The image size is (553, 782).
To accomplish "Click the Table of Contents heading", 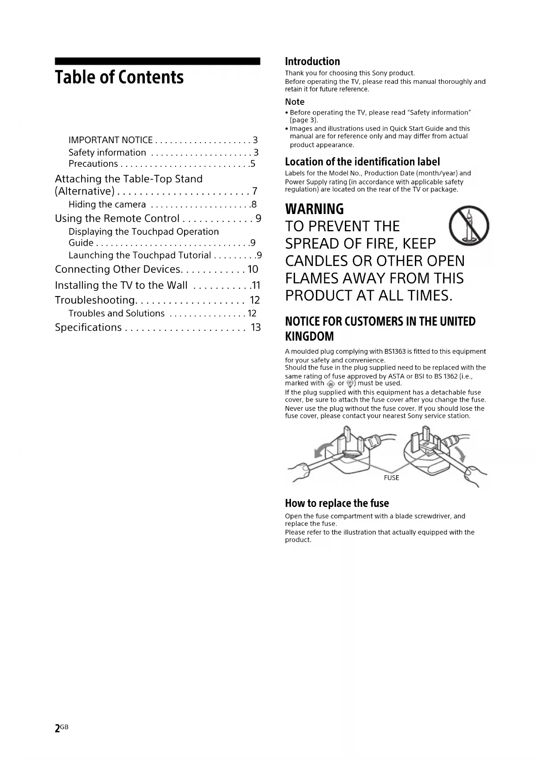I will (119, 78).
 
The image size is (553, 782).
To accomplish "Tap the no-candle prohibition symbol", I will (468, 226).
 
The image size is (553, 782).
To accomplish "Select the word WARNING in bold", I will (314, 209).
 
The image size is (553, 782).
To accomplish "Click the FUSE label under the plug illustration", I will (391, 478).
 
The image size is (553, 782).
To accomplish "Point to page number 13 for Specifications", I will (256, 328).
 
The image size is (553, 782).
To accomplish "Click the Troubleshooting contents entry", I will (95, 300).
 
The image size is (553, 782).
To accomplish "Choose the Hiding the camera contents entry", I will (107, 205).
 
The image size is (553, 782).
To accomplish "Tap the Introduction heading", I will (312, 62).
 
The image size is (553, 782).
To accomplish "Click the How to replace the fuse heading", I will (337, 503).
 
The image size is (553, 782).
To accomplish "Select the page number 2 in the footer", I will (57, 728).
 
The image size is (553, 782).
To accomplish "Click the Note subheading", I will (295, 102).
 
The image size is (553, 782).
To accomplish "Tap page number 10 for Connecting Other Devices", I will (253, 269).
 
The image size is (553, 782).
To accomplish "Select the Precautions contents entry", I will (93, 164).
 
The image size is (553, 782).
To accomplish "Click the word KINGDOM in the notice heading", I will (309, 336).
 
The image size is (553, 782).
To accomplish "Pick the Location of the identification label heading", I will (362, 162).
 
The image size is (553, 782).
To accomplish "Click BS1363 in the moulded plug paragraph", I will (395, 351).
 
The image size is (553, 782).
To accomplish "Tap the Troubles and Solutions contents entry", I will (116, 313).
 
